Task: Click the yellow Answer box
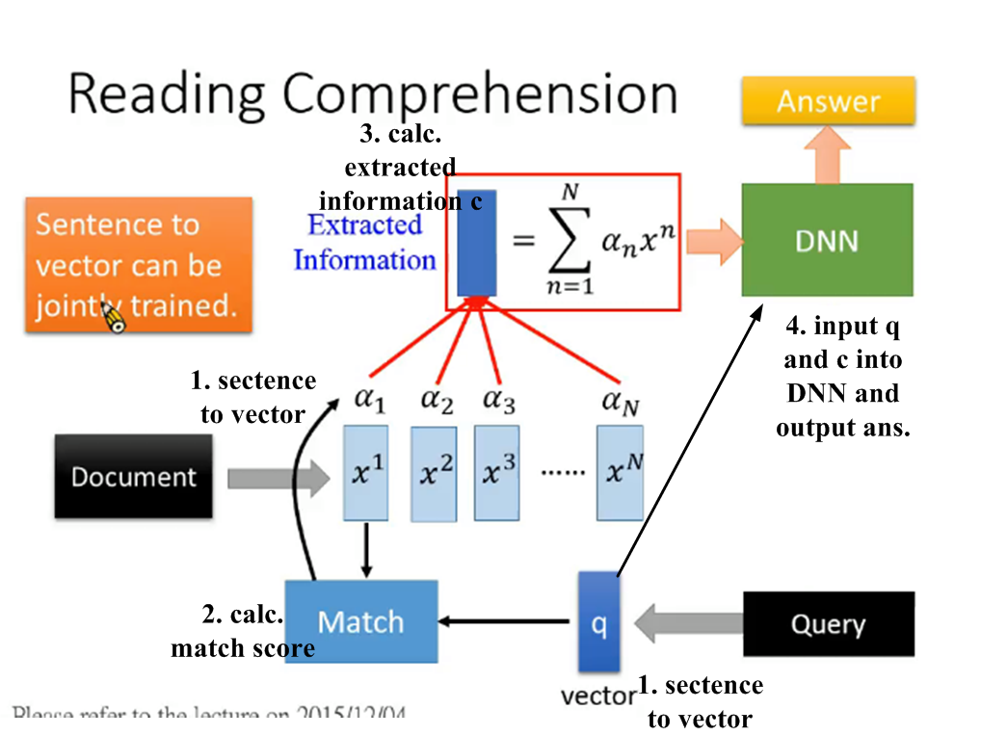click(828, 101)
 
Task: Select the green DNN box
click(827, 240)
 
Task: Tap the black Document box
click(134, 476)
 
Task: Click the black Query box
click(828, 623)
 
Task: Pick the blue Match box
click(360, 621)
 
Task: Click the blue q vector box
click(598, 622)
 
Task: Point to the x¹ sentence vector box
click(367, 471)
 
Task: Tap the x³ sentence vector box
click(497, 471)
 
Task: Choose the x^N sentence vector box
click(619, 471)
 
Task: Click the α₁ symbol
click(367, 402)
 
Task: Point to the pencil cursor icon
click(113, 317)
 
